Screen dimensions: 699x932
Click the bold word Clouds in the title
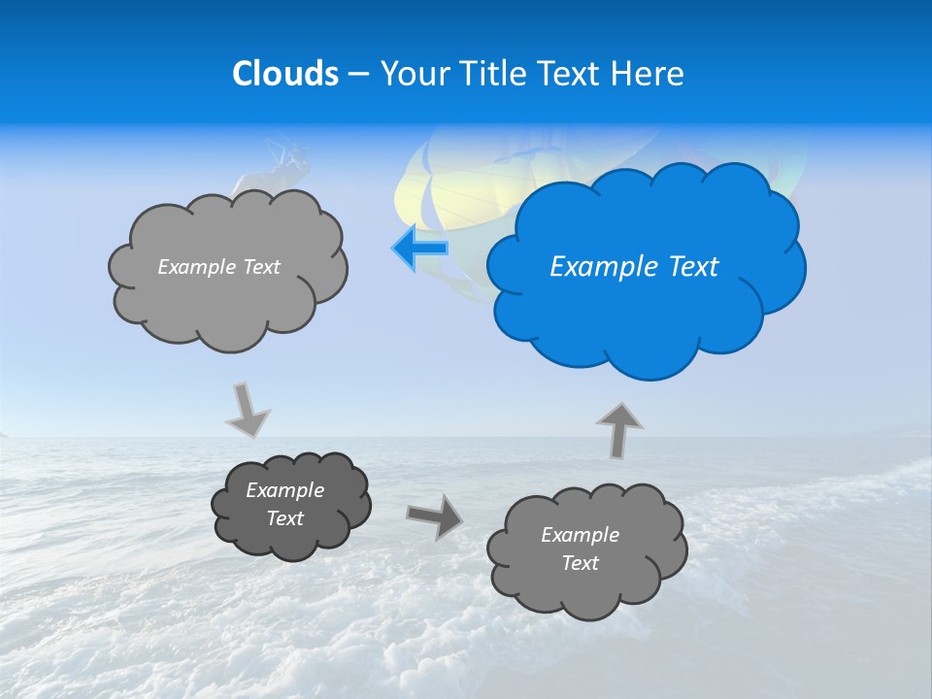coord(285,74)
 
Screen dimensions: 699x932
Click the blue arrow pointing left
coord(420,249)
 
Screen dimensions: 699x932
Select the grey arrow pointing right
coord(435,516)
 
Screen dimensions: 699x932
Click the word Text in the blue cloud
coord(693,267)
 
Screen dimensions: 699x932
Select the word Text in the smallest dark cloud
coord(285,518)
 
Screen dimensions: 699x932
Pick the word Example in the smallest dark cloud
coord(285,490)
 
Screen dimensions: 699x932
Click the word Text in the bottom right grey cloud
coord(580,563)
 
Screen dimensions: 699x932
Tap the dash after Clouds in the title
coord(357,74)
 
